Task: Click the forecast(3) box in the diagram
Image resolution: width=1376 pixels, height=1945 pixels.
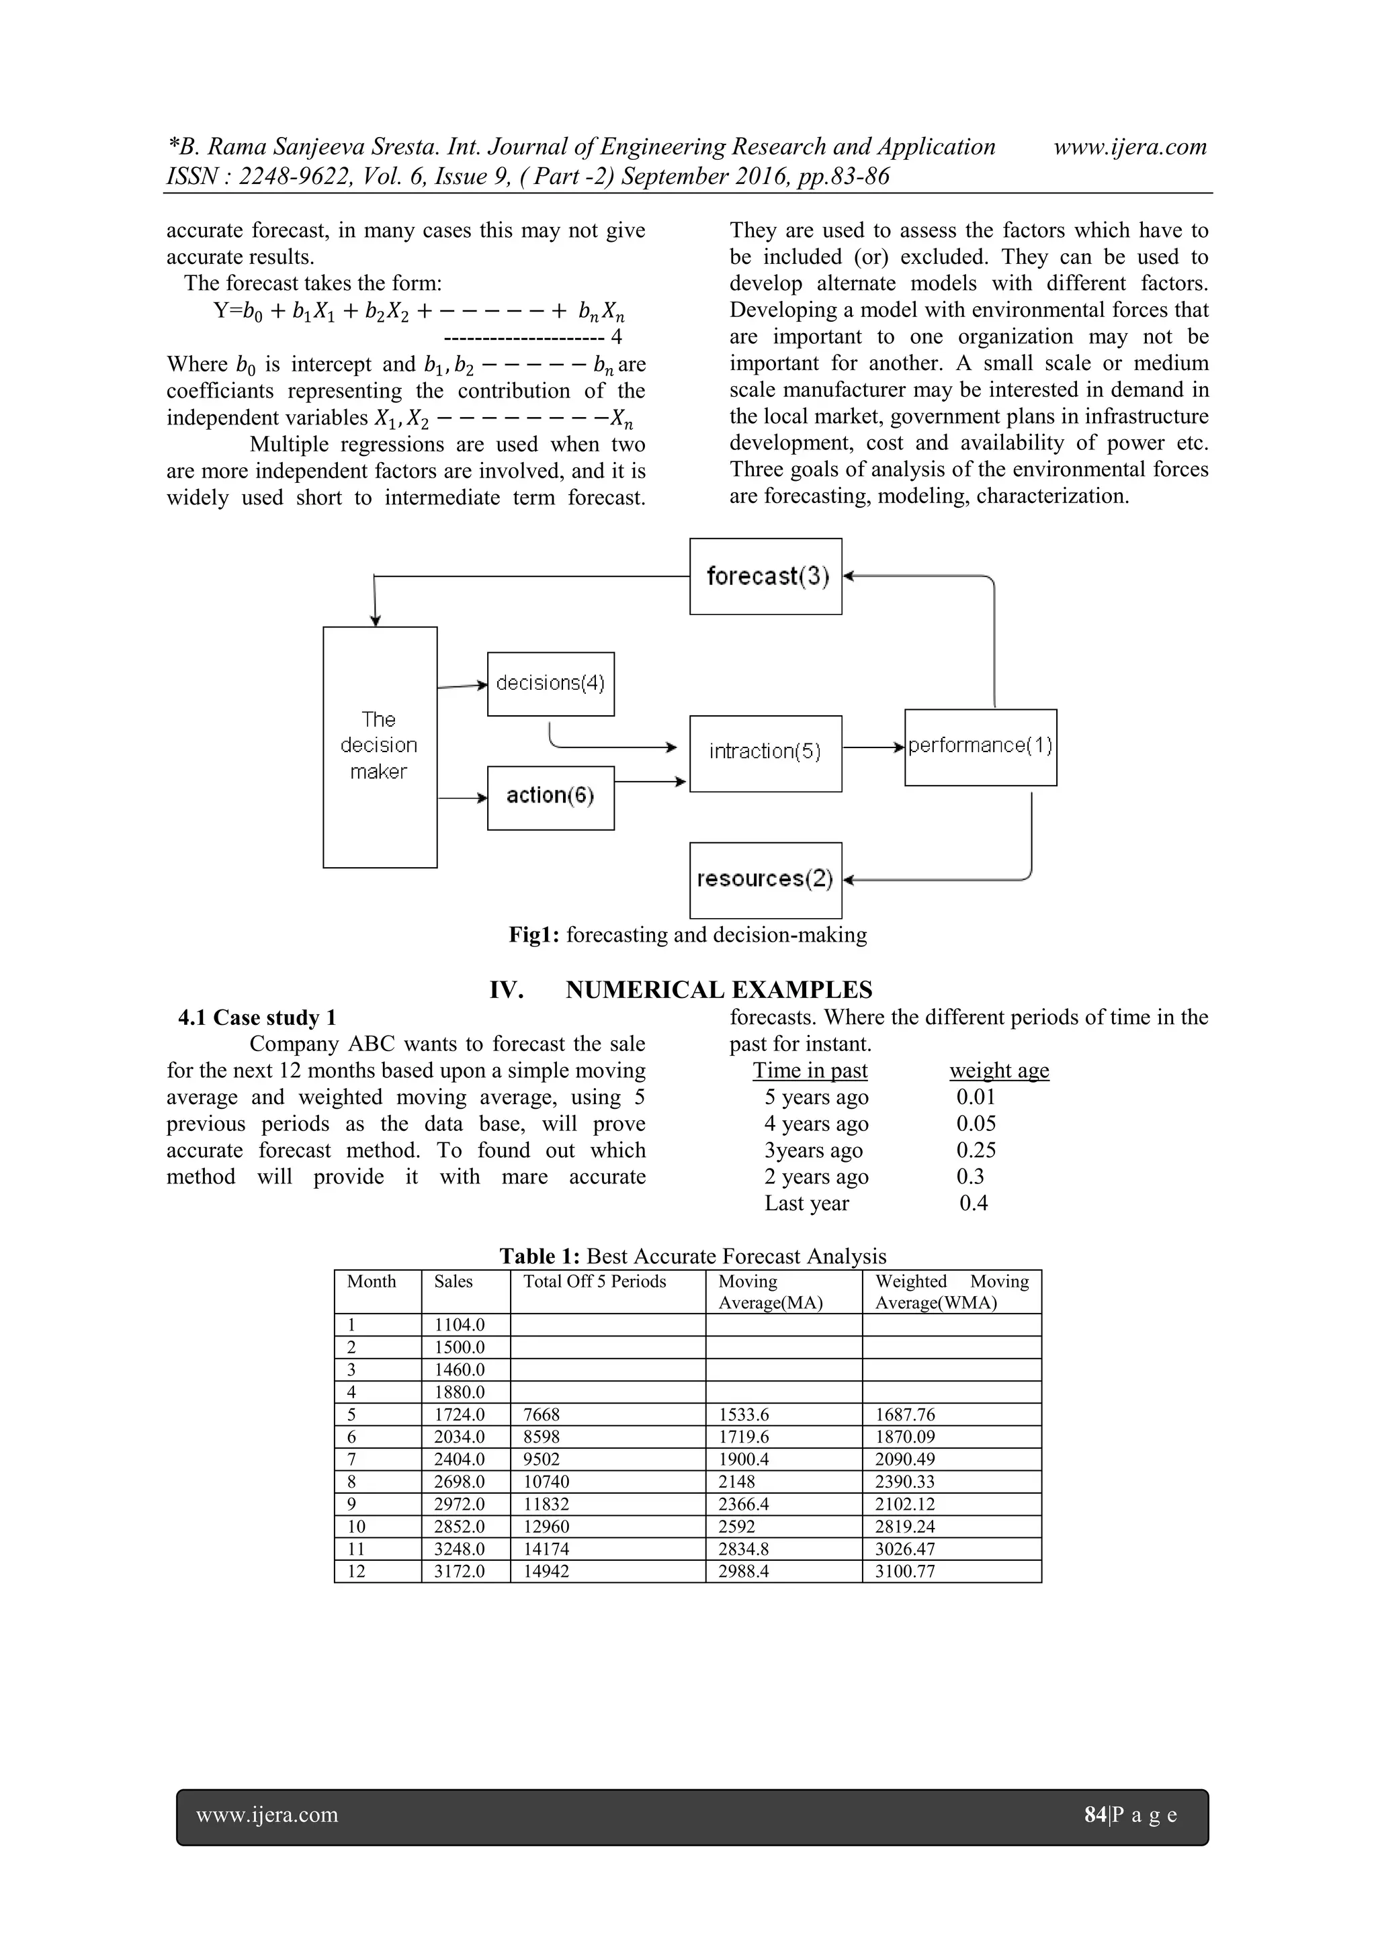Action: click(x=765, y=576)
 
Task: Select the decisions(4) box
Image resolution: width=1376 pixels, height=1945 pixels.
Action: click(x=551, y=684)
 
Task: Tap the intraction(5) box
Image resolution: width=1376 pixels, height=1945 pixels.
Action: click(x=765, y=752)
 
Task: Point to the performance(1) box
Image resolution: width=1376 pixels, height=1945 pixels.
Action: click(x=980, y=746)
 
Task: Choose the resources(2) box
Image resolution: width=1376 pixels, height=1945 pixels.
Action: click(x=765, y=879)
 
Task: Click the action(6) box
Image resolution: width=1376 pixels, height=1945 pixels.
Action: click(x=551, y=797)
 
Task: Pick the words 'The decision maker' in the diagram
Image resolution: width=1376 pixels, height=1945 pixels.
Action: click(x=379, y=745)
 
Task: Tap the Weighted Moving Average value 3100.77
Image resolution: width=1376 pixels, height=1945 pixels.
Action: click(x=905, y=1572)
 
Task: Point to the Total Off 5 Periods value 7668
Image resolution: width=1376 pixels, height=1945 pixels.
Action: click(x=542, y=1414)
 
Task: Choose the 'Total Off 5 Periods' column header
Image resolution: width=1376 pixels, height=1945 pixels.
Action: click(x=595, y=1281)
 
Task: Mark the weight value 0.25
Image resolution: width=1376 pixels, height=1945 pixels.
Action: click(x=976, y=1150)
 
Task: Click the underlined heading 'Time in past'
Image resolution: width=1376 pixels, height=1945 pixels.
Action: click(x=810, y=1071)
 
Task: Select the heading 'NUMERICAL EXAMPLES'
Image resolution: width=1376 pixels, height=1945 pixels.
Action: click(x=718, y=989)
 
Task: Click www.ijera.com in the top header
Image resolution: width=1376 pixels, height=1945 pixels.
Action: click(x=1129, y=146)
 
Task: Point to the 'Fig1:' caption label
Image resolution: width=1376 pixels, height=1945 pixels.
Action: click(x=533, y=936)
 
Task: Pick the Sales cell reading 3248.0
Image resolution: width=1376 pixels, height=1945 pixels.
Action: click(x=460, y=1549)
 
